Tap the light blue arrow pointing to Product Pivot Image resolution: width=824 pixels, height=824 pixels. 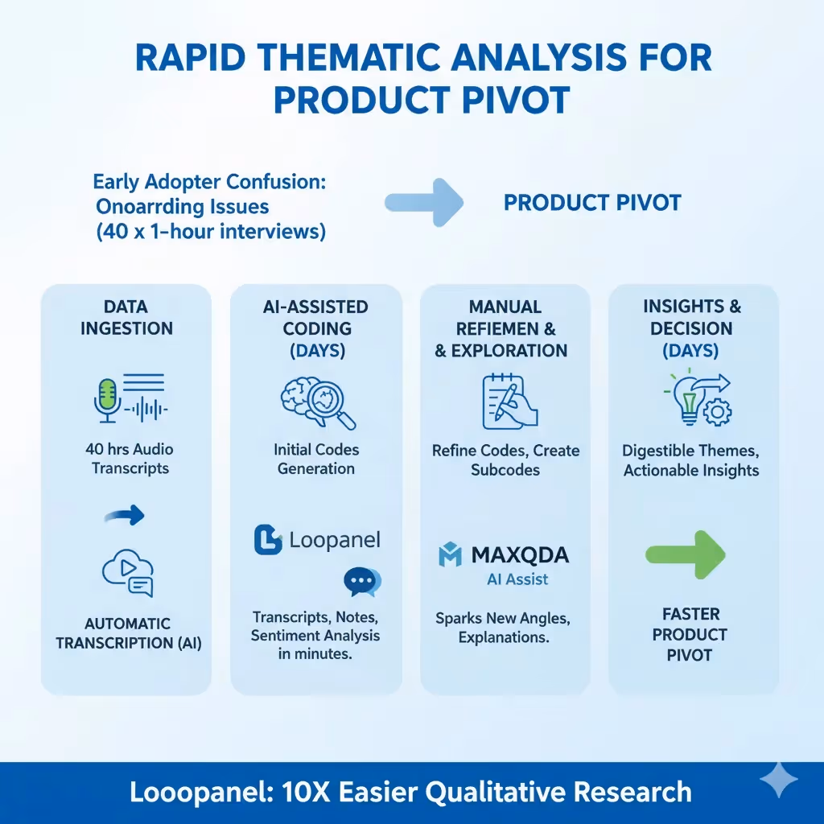point(424,202)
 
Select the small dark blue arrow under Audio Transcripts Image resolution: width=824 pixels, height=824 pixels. point(126,514)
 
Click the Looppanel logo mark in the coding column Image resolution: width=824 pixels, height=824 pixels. point(268,540)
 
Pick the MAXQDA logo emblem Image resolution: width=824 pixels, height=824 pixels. point(449,555)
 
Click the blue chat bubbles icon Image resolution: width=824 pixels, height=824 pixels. point(362,582)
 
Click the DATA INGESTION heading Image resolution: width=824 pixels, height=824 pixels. point(126,317)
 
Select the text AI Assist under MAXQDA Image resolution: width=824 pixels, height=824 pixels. point(517,579)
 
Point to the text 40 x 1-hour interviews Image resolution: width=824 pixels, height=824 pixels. point(210,233)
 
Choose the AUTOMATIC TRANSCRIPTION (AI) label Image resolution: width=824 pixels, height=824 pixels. point(129,633)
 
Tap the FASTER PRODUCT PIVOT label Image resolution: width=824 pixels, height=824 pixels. point(690,635)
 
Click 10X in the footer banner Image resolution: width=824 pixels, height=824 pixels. point(299,792)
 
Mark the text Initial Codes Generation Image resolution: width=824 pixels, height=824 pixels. point(316,459)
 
